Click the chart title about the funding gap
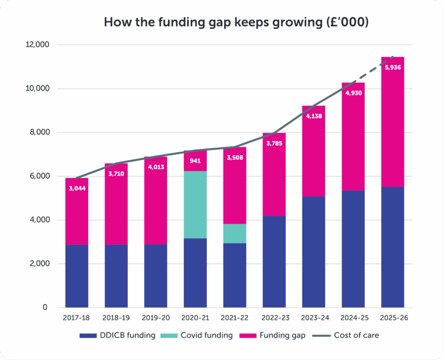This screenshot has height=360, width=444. tap(236, 23)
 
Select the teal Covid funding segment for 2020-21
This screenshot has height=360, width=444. tap(195, 204)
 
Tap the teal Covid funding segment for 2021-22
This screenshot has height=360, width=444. tap(235, 234)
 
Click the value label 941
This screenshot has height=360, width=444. tap(195, 161)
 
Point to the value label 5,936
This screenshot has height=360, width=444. tap(392, 67)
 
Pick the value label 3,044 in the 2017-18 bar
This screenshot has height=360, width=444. tap(77, 188)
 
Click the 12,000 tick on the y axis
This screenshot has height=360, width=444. tap(38, 45)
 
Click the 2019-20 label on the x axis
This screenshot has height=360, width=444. tap(156, 318)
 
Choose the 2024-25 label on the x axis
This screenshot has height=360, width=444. tap(353, 318)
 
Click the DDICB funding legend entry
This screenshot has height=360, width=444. tap(117, 335)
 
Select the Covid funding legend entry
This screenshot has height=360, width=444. tap(199, 335)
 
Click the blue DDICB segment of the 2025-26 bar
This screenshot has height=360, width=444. tap(392, 247)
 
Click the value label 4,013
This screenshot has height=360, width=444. tap(156, 167)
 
